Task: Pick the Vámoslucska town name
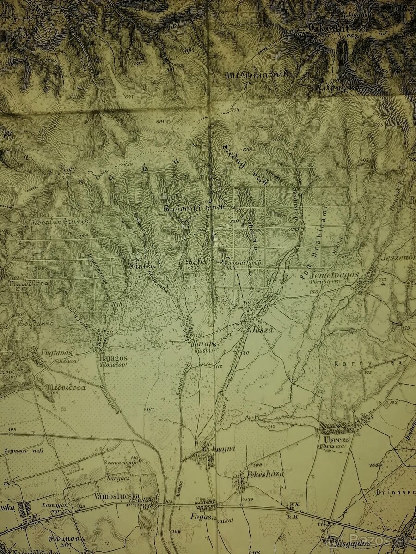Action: (116, 496)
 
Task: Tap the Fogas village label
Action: (200, 517)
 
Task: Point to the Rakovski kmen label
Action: (194, 208)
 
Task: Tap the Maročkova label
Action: (29, 284)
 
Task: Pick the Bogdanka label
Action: (36, 323)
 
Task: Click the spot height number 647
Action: (128, 96)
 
